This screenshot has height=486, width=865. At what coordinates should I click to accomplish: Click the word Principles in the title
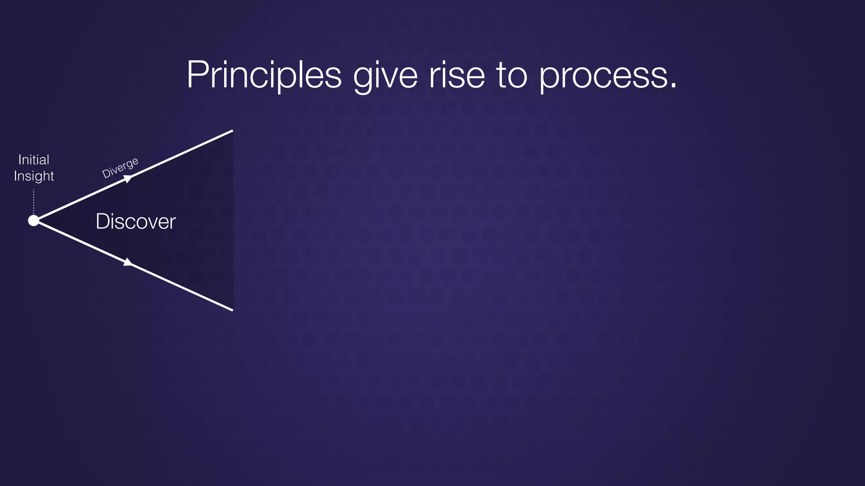click(x=264, y=75)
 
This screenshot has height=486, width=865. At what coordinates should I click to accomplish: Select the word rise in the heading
click(x=457, y=75)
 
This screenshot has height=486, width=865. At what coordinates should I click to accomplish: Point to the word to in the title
click(x=512, y=75)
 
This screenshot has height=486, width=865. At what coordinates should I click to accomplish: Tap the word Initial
click(x=34, y=159)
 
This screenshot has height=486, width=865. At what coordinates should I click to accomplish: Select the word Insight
click(x=34, y=176)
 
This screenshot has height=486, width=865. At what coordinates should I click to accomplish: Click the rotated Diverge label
click(x=120, y=167)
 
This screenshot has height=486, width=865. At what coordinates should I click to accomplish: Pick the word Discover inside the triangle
click(x=136, y=221)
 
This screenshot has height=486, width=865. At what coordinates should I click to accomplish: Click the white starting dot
click(x=33, y=220)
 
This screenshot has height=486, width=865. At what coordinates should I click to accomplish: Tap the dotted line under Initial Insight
click(x=34, y=201)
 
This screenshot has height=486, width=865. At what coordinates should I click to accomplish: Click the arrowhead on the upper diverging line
click(x=128, y=179)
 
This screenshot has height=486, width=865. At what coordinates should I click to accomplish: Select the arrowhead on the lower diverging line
click(x=128, y=262)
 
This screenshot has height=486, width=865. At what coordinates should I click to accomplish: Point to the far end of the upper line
click(x=232, y=131)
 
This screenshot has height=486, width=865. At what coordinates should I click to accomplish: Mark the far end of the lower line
click(x=232, y=310)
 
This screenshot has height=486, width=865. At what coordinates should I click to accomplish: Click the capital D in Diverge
click(x=106, y=174)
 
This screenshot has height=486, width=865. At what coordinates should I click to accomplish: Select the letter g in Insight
click(x=39, y=177)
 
